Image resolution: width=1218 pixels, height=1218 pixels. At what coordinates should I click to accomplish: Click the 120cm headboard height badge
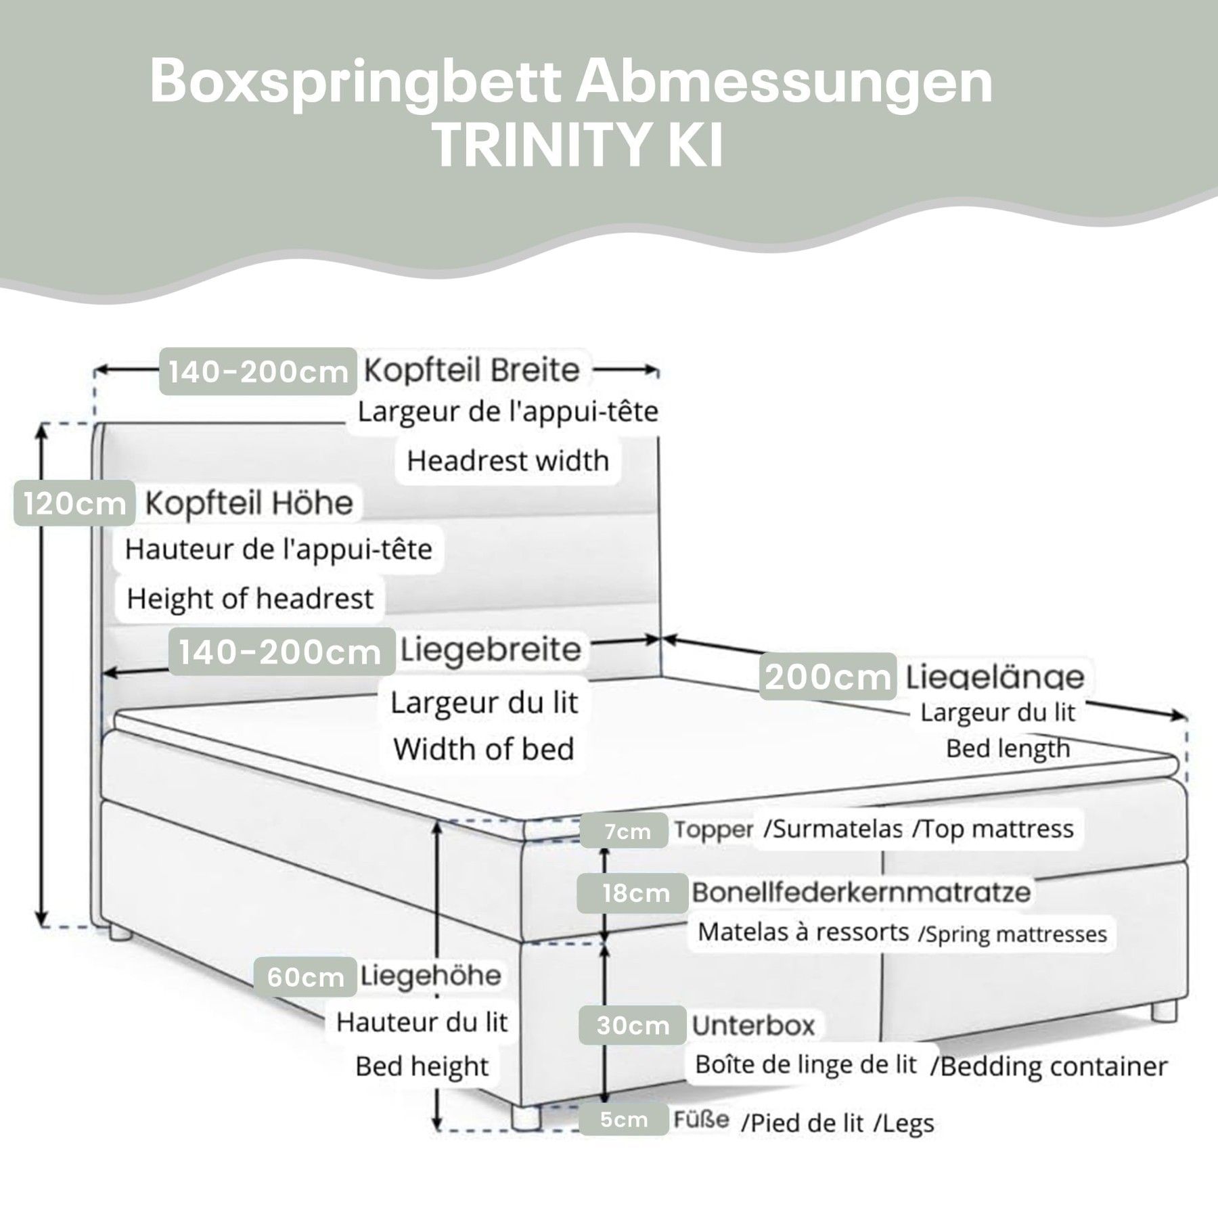74,503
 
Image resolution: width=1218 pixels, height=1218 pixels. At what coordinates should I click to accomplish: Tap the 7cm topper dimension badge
627,830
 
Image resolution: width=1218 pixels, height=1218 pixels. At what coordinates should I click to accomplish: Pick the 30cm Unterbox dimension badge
633,1026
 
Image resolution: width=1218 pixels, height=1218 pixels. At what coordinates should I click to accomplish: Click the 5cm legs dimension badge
623,1120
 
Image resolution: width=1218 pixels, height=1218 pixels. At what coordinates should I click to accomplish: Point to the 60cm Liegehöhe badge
306,976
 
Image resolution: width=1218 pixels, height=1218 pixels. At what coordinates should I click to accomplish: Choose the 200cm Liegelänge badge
828,677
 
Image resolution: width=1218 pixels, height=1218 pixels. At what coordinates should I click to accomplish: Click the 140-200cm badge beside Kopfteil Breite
258,371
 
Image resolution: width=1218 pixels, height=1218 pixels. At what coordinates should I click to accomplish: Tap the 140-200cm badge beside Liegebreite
280,652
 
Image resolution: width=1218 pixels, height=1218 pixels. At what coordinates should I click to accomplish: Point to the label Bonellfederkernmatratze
861,892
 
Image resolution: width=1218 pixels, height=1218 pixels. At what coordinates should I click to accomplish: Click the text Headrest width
507,461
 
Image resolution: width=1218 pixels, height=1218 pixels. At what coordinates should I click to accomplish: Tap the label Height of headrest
250,599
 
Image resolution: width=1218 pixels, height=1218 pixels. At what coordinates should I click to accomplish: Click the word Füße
701,1119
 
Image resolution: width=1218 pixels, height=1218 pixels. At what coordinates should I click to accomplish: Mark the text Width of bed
484,749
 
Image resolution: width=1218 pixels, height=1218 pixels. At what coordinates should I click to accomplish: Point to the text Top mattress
993,829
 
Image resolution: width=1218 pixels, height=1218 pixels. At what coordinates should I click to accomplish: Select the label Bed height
422,1066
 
